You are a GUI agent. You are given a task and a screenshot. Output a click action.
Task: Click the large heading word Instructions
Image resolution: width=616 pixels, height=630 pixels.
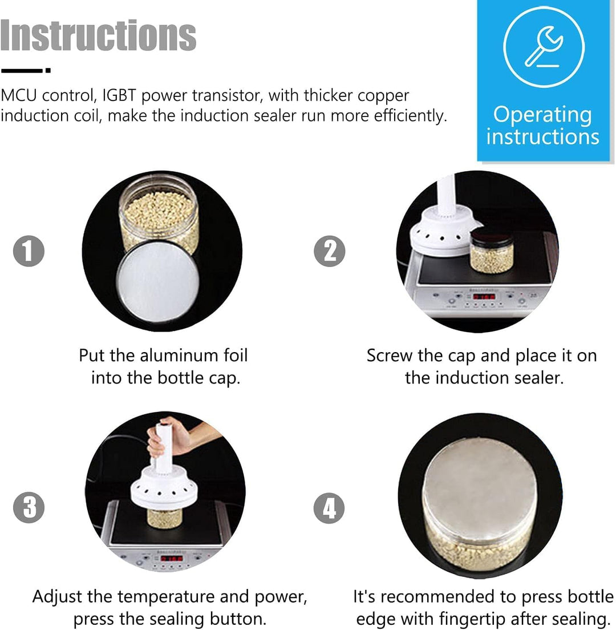[x=98, y=35]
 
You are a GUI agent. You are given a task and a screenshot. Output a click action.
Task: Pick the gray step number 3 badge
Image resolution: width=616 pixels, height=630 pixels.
[x=29, y=507]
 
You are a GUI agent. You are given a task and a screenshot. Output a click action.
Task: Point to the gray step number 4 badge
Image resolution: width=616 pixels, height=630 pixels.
[x=329, y=508]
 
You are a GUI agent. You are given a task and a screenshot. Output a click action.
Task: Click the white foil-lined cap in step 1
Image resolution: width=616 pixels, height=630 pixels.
[x=158, y=282]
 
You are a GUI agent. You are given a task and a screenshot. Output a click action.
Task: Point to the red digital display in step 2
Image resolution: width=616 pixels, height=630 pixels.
[x=484, y=297]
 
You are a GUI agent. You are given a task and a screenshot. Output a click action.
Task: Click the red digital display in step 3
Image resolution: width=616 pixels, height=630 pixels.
[x=172, y=559]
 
